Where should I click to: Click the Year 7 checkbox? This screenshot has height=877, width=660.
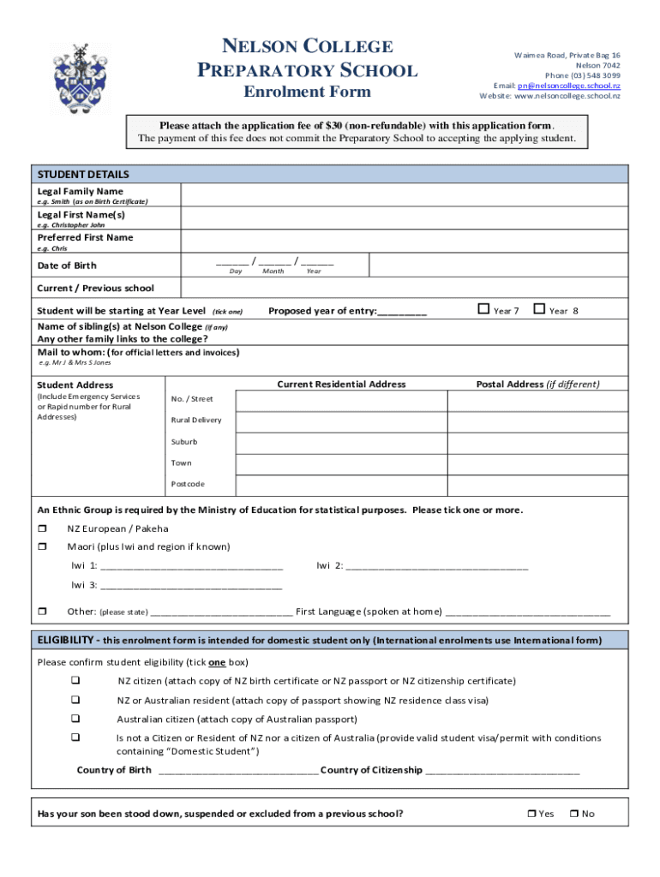483,309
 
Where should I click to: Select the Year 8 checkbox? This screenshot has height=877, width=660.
539,309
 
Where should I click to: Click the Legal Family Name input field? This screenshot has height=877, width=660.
402,195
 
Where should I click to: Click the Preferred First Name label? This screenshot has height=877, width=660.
85,237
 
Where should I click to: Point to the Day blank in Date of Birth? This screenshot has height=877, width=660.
232,261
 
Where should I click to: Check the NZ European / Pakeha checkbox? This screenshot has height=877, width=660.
40,528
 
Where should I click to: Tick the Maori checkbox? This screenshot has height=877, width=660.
40,546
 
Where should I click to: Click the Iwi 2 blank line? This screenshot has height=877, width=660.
437,566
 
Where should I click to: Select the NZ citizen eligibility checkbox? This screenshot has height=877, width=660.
75,681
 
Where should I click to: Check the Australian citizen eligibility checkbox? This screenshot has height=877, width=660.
75,719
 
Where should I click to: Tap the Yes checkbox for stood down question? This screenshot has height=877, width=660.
531,814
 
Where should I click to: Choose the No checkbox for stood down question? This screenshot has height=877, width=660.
574,814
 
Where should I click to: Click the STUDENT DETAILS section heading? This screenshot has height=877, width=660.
83,174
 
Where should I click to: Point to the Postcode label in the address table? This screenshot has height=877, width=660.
188,484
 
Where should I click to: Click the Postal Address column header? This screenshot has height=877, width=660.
537,385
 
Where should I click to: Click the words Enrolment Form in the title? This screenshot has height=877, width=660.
307,92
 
